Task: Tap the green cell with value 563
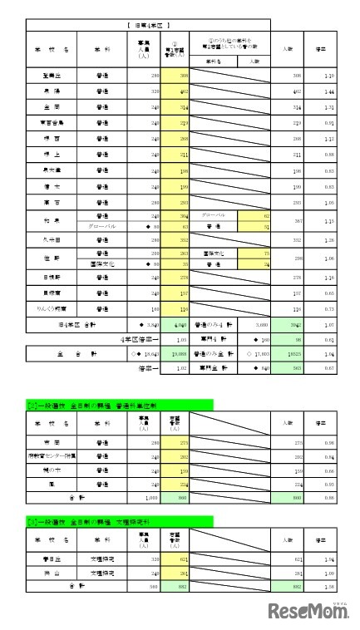coord(294,367)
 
